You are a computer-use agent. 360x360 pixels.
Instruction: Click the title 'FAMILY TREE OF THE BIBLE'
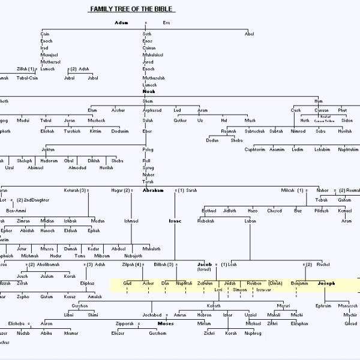point(132,9)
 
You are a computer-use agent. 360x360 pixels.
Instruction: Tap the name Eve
point(166,23)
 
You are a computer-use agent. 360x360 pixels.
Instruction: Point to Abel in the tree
point(249,34)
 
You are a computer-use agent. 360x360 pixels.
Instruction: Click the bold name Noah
point(148,91)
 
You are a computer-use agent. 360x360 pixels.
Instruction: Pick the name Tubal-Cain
point(28,77)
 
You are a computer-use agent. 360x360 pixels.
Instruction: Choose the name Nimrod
point(298,131)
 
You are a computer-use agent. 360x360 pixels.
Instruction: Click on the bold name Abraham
point(153,190)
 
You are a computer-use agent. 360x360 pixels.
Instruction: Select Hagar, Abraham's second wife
point(117,190)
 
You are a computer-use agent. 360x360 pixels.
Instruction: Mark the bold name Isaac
point(175,221)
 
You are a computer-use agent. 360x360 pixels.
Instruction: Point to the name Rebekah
point(206,221)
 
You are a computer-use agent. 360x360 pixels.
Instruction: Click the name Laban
point(250,221)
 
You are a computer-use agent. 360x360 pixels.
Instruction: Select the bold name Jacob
point(205,264)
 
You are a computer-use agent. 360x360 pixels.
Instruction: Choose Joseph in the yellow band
point(326,283)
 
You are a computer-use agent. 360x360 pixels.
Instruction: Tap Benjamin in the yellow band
point(299,283)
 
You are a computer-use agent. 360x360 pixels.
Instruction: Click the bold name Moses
point(165,323)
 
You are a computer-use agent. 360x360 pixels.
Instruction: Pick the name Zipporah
point(125,323)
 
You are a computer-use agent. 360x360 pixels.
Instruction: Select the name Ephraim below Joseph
point(323,305)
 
